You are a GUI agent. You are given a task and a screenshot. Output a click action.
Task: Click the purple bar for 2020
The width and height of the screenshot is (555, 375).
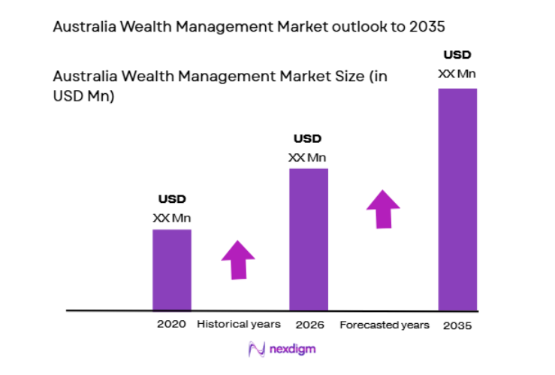(172, 269)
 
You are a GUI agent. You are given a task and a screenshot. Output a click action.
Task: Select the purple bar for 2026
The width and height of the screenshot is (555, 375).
(309, 239)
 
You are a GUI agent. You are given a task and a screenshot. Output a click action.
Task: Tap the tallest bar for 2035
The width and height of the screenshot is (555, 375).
(457, 199)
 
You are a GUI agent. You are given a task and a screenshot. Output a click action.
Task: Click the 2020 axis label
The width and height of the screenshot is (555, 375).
(171, 325)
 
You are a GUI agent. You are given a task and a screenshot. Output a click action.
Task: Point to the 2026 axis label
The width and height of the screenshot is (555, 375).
(309, 325)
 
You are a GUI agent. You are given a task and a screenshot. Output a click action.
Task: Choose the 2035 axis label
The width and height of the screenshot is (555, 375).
(457, 325)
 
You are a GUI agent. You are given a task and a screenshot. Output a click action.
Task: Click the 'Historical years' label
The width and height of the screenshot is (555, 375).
(239, 325)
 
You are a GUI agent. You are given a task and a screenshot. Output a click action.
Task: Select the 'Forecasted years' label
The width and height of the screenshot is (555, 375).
(385, 325)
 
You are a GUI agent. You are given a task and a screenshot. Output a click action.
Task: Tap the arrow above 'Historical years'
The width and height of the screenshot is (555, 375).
(238, 260)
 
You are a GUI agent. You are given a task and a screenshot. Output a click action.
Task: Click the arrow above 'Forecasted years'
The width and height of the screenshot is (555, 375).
(384, 208)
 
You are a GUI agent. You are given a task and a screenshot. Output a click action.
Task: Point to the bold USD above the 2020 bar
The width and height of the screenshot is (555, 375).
(172, 199)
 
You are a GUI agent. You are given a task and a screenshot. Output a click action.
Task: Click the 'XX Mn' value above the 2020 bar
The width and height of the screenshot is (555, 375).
(172, 218)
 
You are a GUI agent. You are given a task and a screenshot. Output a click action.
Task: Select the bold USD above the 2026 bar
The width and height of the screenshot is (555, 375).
(307, 138)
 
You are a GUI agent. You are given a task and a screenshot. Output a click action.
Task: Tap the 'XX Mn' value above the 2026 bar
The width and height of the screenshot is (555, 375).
(307, 157)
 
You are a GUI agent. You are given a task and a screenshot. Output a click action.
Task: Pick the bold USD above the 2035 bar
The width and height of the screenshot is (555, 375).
(457, 55)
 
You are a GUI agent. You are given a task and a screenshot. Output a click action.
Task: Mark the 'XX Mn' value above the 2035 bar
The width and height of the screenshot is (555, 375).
(457, 74)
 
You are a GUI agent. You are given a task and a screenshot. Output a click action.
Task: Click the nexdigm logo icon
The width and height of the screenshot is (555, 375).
(257, 349)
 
